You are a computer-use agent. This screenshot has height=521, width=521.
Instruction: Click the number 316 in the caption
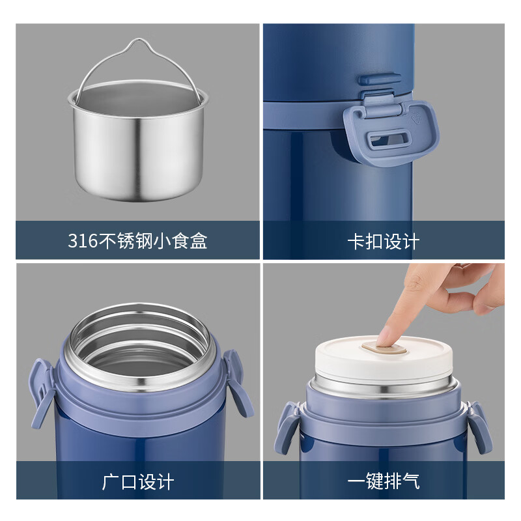tap(83, 240)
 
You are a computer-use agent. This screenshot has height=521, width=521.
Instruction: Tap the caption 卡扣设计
tap(384, 241)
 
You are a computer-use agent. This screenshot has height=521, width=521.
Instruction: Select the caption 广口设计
tap(138, 481)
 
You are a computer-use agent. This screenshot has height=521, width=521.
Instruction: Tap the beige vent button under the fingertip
tap(384, 348)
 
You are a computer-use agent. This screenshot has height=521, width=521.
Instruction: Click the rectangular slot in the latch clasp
tap(388, 138)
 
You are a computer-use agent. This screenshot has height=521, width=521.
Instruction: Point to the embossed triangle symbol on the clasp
tap(416, 118)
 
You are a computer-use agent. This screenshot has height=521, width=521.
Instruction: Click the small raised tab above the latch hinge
tap(379, 79)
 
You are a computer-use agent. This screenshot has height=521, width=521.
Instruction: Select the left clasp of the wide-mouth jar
tap(40, 392)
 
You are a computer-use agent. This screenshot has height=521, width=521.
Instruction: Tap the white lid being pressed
tap(384, 359)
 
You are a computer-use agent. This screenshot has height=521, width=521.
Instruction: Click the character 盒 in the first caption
tap(199, 240)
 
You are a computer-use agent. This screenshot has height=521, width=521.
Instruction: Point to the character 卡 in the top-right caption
tap(356, 241)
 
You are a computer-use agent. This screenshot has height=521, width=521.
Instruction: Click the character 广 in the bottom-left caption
tap(111, 481)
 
